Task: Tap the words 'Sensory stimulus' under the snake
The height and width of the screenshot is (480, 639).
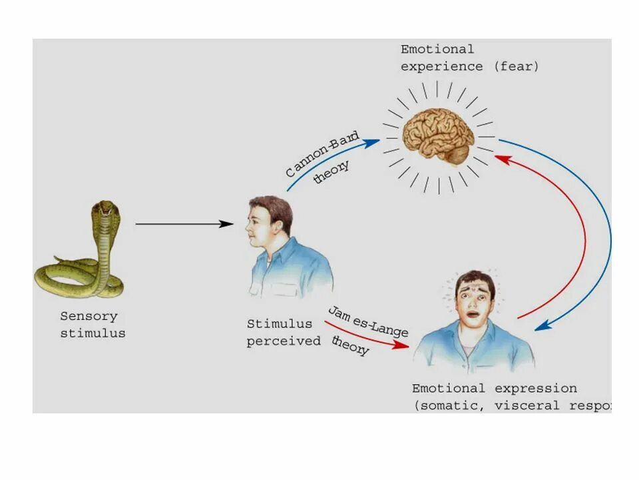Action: point(93,325)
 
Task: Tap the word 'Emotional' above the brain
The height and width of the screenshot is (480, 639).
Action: point(437,49)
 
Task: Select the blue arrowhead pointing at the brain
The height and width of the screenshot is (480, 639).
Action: point(374,141)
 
